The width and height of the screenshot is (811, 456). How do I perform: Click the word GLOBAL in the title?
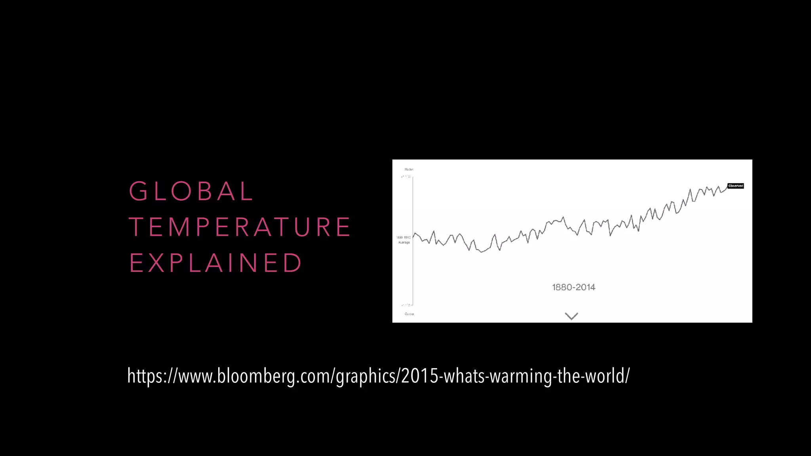point(191,191)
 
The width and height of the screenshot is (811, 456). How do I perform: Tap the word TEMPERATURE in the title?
point(240,227)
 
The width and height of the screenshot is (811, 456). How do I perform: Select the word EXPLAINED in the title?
point(216,263)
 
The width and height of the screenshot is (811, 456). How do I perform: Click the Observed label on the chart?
point(735,186)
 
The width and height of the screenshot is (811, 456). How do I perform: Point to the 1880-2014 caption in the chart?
point(573,287)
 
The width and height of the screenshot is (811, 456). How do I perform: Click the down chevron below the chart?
point(571,316)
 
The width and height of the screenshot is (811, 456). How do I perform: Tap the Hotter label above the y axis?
point(409,169)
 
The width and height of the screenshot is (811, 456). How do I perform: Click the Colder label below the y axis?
point(409,314)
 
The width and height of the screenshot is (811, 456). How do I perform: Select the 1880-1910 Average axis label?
point(404,240)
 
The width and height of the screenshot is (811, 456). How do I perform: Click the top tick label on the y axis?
point(406,177)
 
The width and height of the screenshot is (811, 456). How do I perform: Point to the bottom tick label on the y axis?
point(406,305)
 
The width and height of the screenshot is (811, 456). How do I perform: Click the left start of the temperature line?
point(413,237)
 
